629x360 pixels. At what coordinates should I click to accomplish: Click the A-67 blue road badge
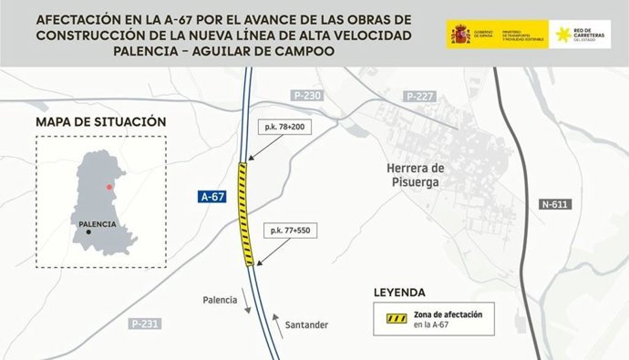pos(211,197)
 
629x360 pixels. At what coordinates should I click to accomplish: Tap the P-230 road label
pos(308,96)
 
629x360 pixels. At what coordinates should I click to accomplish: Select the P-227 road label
pos(419,96)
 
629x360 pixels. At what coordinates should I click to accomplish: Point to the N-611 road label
pos(552,203)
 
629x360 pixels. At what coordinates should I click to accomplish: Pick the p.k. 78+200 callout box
pos(287,127)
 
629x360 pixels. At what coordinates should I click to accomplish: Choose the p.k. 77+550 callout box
pos(290,231)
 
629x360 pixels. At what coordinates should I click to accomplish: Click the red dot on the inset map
pos(110,187)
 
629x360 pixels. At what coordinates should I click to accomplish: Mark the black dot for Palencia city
pos(88,232)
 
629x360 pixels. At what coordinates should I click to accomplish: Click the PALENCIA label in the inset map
pos(98,223)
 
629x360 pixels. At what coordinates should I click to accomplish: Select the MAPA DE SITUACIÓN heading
pos(100,121)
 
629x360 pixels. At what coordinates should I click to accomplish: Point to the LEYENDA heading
pos(399,293)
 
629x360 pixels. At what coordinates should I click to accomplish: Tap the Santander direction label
pos(306,325)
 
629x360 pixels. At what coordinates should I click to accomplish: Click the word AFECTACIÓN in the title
pos(83,19)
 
